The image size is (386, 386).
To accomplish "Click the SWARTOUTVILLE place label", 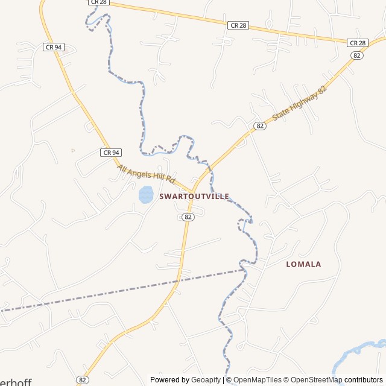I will [x=194, y=197].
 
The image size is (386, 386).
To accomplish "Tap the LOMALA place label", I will [x=303, y=264].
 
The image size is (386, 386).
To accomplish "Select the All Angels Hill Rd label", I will [x=146, y=174].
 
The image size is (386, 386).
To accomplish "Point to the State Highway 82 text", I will [x=299, y=103].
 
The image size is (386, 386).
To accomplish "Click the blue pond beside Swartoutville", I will [x=145, y=194].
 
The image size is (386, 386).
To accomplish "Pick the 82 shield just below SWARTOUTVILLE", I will [x=188, y=217].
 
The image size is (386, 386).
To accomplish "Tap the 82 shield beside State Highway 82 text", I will [x=260, y=125].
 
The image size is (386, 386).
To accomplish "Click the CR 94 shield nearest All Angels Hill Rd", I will [x=111, y=153].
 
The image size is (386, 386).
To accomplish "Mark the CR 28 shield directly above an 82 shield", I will [x=358, y=43].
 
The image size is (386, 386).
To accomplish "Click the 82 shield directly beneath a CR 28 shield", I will [x=358, y=55].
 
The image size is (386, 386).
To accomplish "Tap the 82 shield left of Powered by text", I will [x=83, y=379].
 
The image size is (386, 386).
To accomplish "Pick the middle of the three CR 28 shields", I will [x=238, y=25].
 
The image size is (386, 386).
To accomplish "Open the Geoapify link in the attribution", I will [x=206, y=380].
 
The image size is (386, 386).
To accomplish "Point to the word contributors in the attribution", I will [x=364, y=380].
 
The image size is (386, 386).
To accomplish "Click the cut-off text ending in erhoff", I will [x=15, y=382].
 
